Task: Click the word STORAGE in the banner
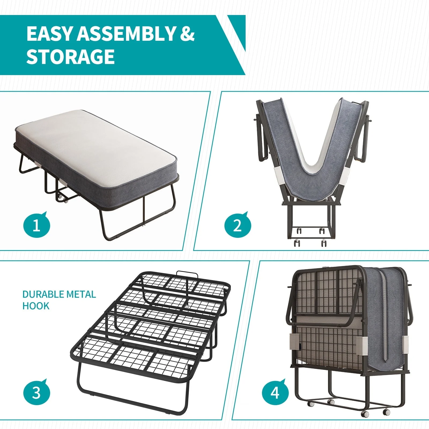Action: coord(70,57)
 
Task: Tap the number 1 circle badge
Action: coord(37,225)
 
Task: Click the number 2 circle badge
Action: coord(238,225)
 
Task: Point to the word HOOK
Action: coord(36,306)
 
